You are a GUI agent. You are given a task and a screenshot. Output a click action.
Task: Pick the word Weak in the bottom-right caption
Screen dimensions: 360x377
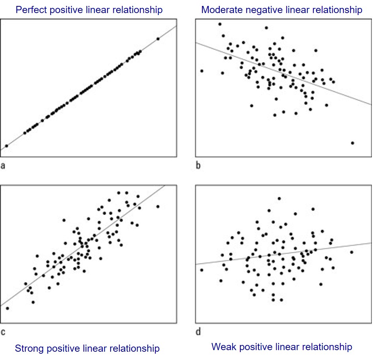(x=223, y=347)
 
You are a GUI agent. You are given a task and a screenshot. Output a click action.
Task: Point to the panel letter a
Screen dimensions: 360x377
(x=3, y=165)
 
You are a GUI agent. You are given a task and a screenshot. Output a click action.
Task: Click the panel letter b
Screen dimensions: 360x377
(x=198, y=165)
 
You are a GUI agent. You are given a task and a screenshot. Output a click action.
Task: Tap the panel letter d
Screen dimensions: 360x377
(x=198, y=332)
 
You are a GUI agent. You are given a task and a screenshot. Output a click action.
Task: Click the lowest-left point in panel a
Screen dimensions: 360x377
(x=6, y=146)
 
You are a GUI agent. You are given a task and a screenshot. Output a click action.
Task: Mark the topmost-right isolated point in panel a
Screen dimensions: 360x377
(x=158, y=39)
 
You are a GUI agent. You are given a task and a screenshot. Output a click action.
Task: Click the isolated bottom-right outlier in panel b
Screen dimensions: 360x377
(x=352, y=143)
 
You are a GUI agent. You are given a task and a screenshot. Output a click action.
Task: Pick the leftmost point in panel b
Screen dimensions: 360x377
(x=202, y=71)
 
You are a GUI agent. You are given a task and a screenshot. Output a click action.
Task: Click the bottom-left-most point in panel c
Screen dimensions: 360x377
(x=7, y=308)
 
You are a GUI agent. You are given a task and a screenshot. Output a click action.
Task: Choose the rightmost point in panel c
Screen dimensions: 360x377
(x=158, y=207)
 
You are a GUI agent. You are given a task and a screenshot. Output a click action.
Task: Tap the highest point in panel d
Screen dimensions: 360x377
(x=279, y=199)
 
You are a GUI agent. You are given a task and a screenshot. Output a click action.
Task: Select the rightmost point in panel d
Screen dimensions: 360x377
(x=351, y=252)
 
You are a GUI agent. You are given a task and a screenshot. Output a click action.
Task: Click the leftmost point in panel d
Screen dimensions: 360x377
(x=202, y=270)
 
